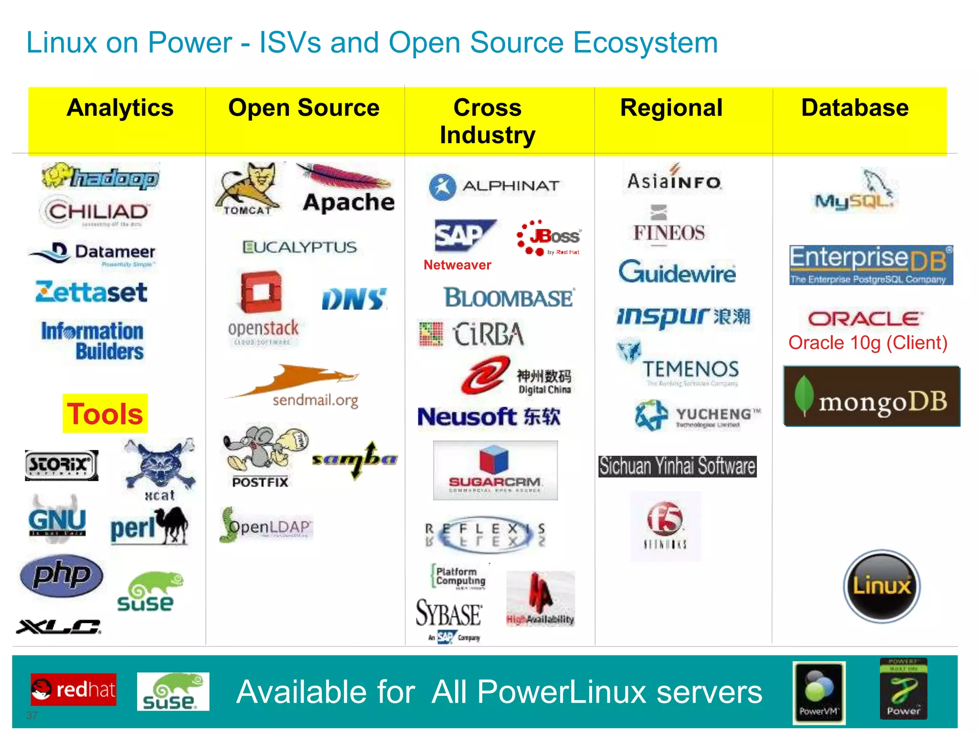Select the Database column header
click(855, 108)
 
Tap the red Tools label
click(105, 414)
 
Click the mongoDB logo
click(872, 397)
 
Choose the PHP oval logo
click(62, 576)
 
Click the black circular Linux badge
click(882, 586)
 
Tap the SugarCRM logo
click(495, 470)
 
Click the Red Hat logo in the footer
click(74, 689)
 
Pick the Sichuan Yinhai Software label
click(677, 466)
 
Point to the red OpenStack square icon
click(261, 292)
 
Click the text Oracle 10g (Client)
click(868, 343)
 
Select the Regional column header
click(671, 108)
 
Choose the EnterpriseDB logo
click(871, 264)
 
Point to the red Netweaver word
click(457, 265)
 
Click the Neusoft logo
click(489, 417)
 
